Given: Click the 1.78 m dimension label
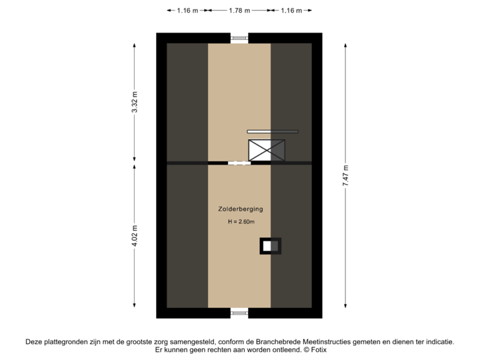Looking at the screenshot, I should (x=239, y=11).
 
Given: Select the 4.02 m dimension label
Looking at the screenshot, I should (x=135, y=236).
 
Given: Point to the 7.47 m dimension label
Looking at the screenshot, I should (x=345, y=176).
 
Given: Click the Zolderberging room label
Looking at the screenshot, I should (x=239, y=209).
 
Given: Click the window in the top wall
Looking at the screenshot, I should (x=239, y=38).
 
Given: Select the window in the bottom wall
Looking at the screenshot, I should (x=239, y=313).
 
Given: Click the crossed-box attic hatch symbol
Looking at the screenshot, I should (x=267, y=151).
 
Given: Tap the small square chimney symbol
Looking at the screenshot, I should (x=270, y=246).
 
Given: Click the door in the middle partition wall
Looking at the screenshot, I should (x=239, y=163).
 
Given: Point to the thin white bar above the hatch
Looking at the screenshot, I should (x=272, y=131).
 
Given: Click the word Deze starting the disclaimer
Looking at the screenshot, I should (x=34, y=341).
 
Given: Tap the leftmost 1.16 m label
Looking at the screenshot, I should (x=187, y=11).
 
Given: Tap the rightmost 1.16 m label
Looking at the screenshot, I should (x=291, y=11).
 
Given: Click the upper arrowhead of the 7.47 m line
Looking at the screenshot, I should (x=345, y=46).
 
